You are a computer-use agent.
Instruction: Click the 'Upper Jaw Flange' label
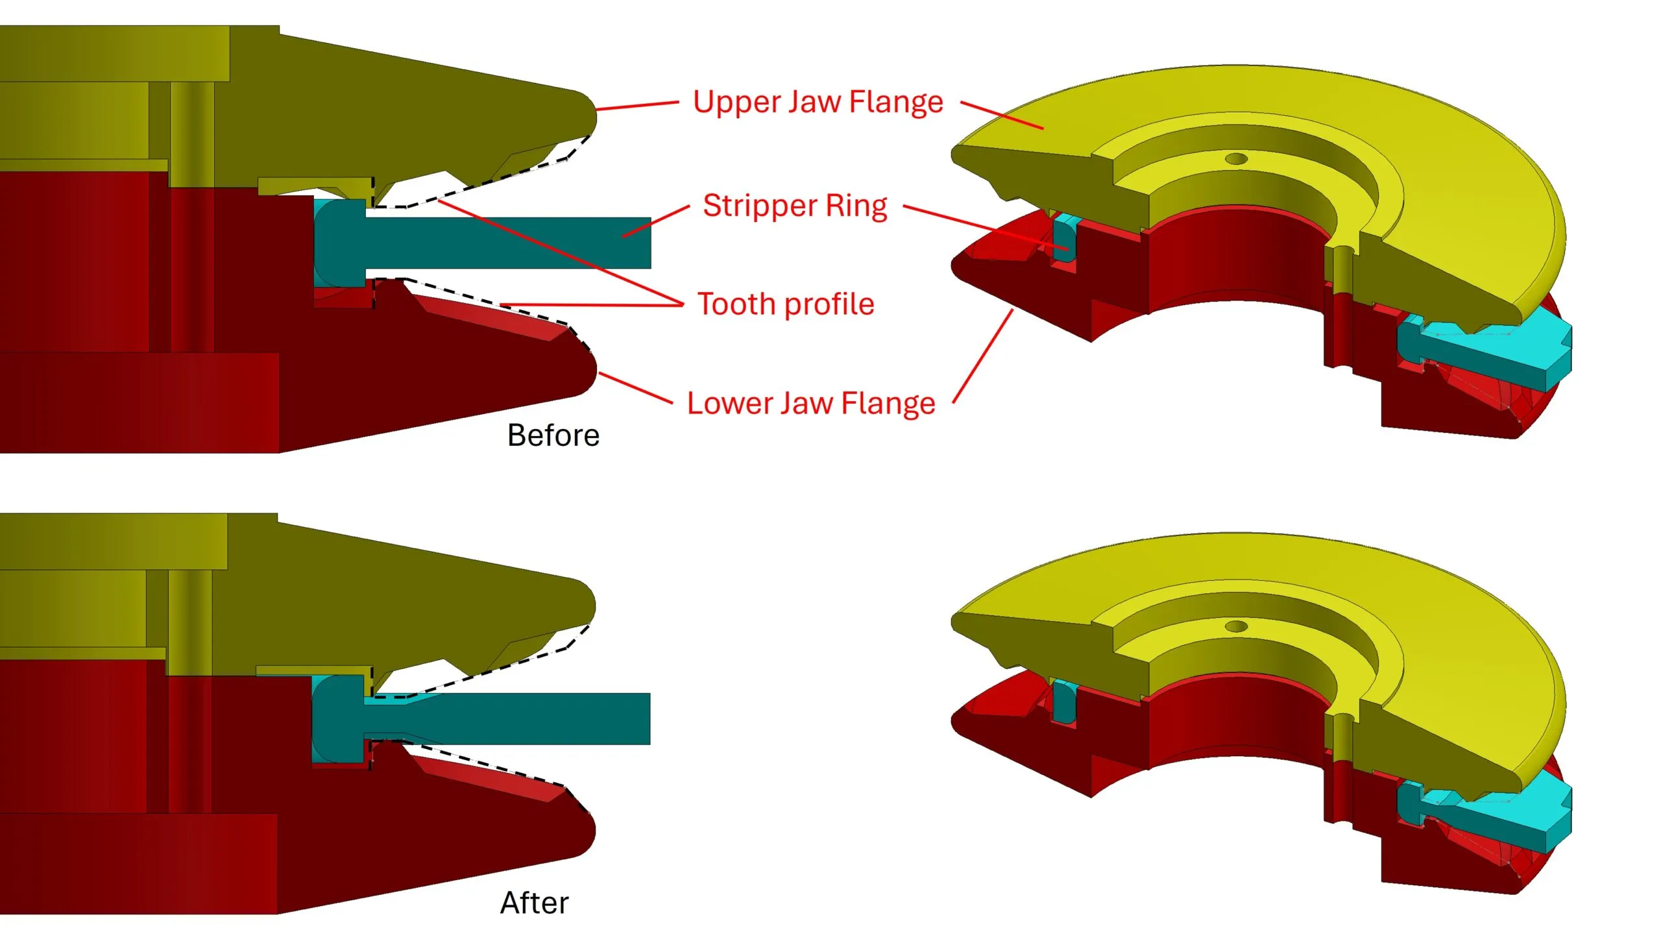818,103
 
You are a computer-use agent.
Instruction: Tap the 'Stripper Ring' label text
795,206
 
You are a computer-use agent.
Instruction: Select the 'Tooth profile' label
786,304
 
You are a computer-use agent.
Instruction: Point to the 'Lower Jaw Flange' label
811,404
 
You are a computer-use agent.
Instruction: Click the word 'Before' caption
553,435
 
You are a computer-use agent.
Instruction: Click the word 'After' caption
534,903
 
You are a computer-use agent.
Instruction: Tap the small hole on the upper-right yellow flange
1235,158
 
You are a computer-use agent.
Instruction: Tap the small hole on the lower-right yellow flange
1235,626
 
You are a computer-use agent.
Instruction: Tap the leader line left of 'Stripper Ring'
655,221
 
